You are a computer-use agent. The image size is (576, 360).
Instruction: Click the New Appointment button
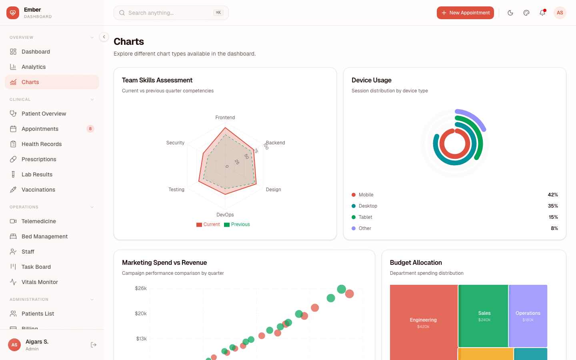click(465, 13)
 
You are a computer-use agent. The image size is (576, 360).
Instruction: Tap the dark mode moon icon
click(510, 13)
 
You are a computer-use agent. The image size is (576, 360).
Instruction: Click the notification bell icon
click(542, 13)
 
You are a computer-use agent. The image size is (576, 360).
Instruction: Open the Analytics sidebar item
click(34, 67)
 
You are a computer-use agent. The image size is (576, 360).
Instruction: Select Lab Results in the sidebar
click(37, 174)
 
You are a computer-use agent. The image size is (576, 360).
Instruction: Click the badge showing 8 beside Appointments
click(90, 129)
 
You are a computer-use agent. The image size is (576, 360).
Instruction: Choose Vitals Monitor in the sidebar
click(40, 282)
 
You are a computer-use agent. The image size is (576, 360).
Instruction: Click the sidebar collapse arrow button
click(104, 37)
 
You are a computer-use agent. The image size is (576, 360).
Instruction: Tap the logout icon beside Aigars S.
click(94, 345)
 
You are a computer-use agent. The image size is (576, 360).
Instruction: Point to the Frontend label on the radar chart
click(225, 118)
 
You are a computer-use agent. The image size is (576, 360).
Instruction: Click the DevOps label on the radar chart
click(225, 215)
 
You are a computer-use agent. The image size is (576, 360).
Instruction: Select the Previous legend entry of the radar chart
click(237, 224)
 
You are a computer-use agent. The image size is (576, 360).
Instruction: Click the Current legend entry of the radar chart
click(208, 224)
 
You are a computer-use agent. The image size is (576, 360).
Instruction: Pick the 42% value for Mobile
click(553, 195)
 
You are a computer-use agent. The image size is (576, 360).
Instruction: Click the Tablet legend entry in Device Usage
click(365, 217)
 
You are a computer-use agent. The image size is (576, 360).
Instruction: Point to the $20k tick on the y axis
click(141, 314)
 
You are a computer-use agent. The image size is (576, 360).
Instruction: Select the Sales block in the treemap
click(484, 316)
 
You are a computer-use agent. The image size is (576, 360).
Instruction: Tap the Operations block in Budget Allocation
click(528, 316)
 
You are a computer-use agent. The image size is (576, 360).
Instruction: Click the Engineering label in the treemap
click(423, 320)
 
